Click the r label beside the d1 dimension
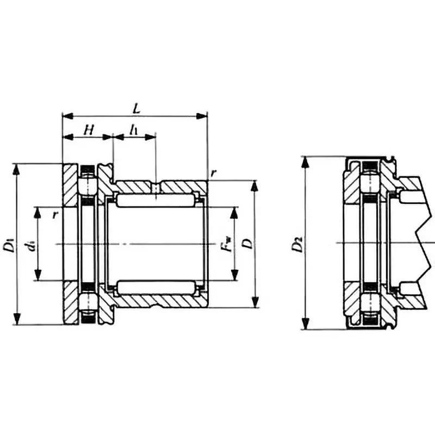(x=54, y=215)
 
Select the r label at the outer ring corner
(x=214, y=173)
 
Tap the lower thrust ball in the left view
(x=88, y=303)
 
